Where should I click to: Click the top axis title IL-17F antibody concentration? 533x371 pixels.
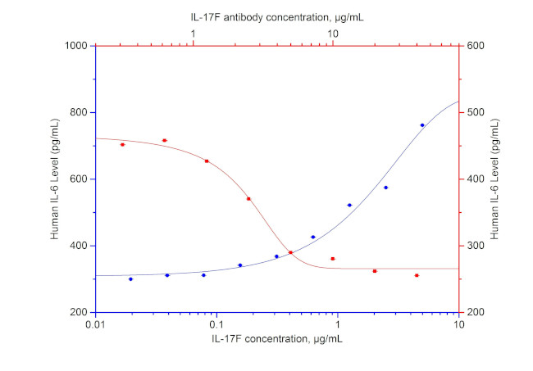point(276,15)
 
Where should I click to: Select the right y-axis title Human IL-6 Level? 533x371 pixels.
point(497,179)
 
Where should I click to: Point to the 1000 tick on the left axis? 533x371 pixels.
point(78,46)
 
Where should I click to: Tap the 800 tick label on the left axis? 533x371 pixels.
point(80,113)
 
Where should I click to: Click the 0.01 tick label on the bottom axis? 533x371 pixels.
point(96,324)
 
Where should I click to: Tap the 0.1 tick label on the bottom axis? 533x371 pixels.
point(217,324)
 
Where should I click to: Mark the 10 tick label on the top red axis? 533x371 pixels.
point(334,34)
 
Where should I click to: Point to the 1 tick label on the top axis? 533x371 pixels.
point(194,34)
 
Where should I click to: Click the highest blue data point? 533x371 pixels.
point(422,125)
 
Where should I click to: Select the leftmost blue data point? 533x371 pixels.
point(130,279)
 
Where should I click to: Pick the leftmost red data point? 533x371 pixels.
point(122,145)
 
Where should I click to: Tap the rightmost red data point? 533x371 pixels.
point(417,275)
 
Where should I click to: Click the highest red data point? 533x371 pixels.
point(164,141)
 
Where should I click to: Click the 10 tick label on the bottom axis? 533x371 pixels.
point(459,324)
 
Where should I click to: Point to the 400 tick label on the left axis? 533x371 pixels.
point(80,246)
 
